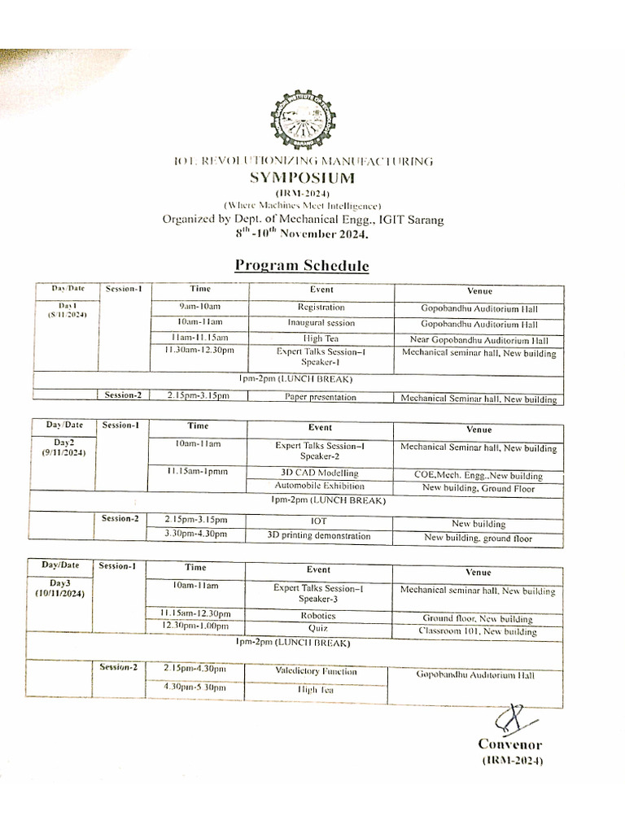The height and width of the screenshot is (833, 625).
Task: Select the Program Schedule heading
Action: (x=302, y=266)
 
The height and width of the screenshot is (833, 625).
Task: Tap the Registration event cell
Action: (x=321, y=308)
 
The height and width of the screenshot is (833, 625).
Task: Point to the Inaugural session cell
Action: (x=321, y=323)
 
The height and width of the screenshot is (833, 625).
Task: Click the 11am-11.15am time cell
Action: (x=199, y=338)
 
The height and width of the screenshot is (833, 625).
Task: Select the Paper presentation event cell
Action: (x=321, y=397)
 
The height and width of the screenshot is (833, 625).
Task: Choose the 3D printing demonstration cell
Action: (x=319, y=536)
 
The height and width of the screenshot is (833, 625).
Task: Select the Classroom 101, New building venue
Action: (x=478, y=631)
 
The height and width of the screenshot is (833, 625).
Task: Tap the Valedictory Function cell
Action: (x=316, y=672)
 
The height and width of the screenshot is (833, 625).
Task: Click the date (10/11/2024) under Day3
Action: (x=60, y=593)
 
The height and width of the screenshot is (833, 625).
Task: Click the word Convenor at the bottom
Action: (x=509, y=744)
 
